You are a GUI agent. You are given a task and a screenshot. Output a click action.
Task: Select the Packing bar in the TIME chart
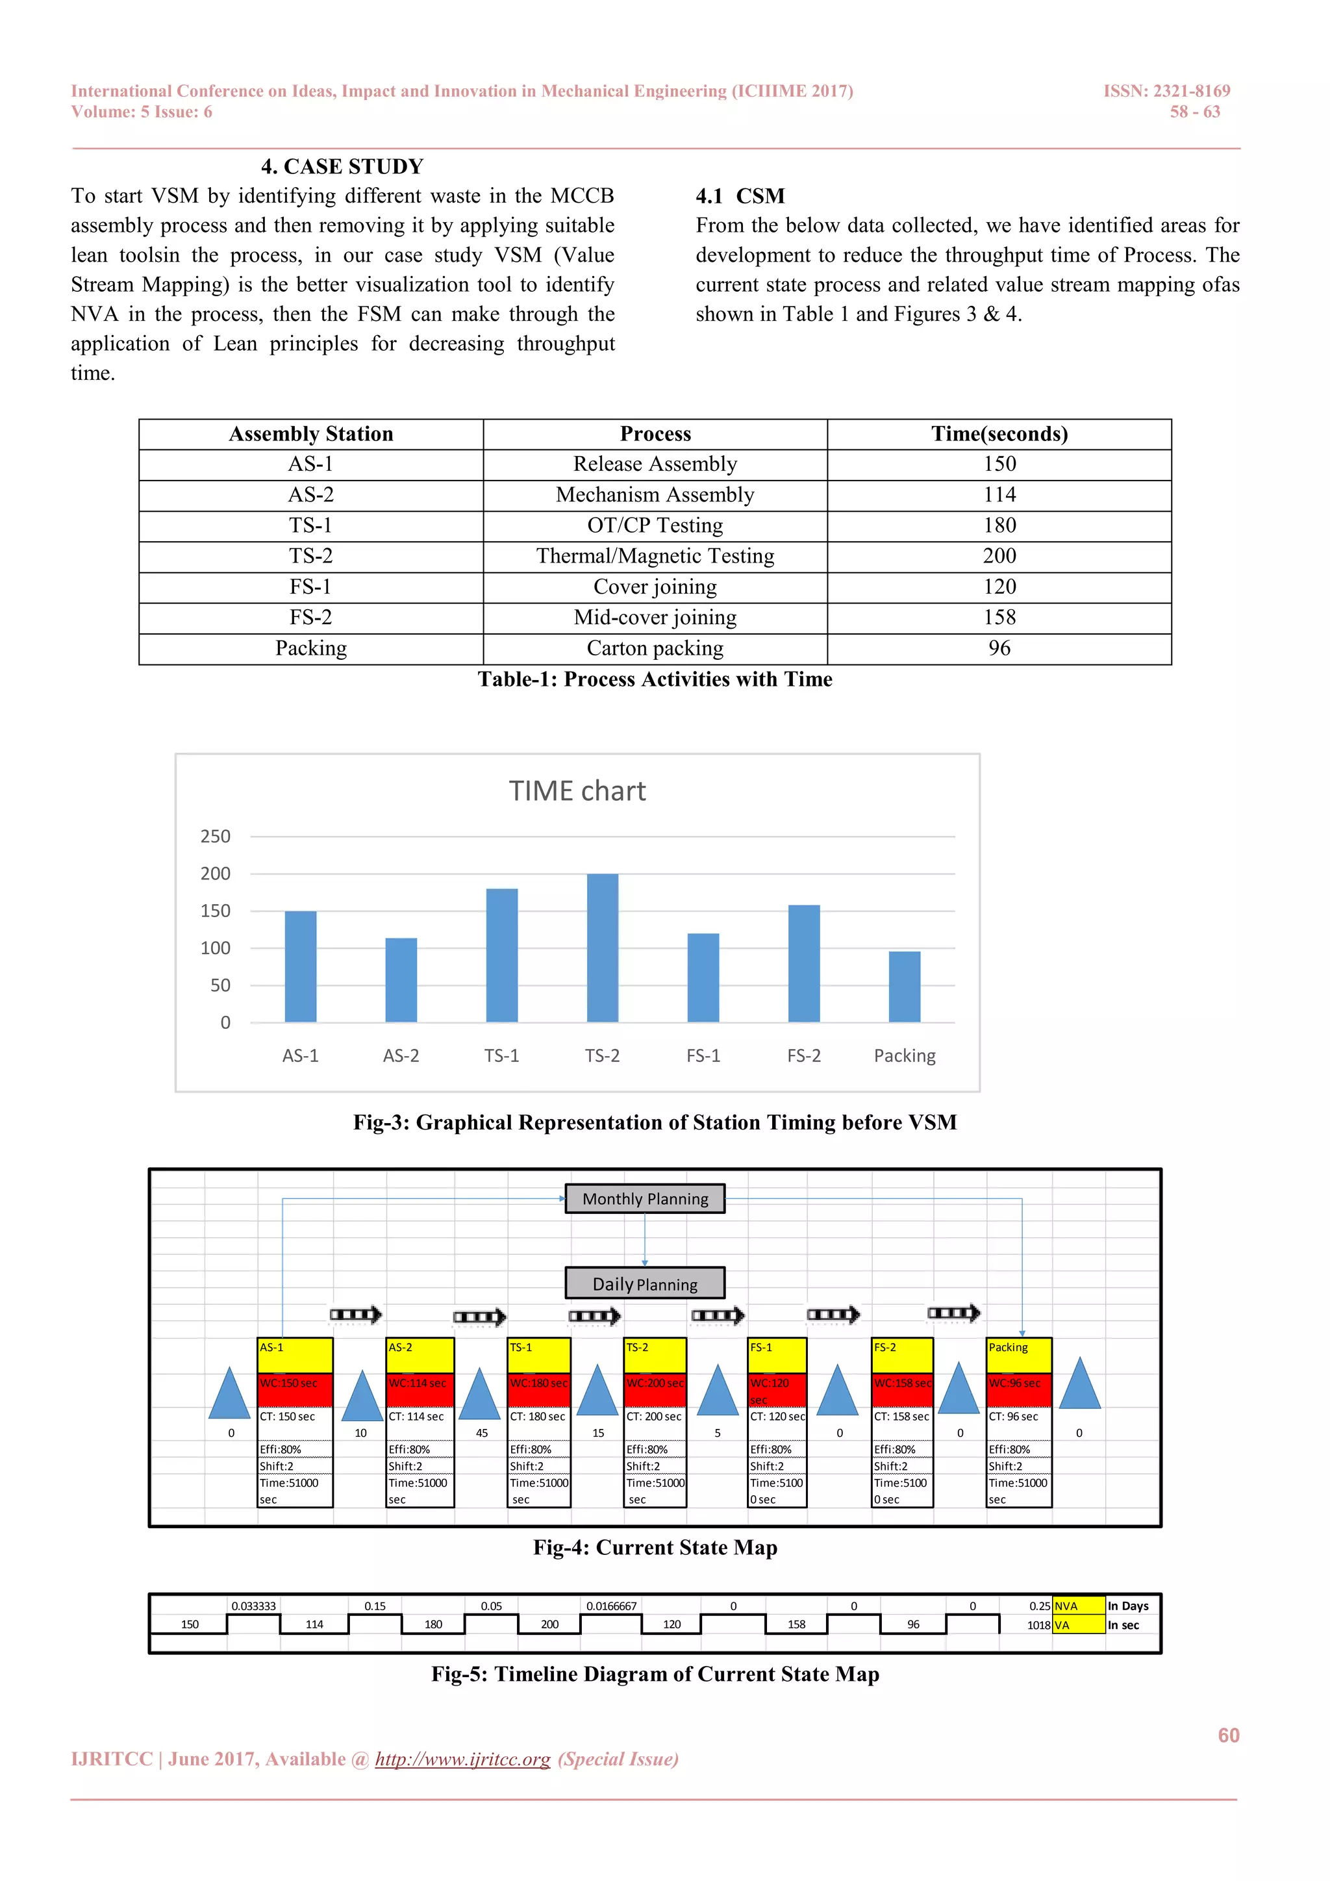tap(904, 987)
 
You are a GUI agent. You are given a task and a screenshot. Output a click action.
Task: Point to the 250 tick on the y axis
tap(216, 837)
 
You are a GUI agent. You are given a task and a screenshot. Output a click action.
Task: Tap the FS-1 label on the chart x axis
tap(703, 1056)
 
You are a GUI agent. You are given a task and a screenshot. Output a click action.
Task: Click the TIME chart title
tap(577, 791)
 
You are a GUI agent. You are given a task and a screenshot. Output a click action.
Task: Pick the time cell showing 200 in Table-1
tap(999, 556)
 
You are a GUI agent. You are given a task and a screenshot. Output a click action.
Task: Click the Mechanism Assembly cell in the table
tap(655, 495)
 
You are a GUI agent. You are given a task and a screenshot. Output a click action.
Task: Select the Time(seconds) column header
tap(999, 435)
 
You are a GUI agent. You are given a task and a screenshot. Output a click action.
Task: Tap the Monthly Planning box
tap(646, 1198)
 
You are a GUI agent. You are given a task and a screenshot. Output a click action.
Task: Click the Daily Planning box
tap(646, 1283)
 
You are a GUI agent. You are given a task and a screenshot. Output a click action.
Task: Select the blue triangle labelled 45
tap(479, 1395)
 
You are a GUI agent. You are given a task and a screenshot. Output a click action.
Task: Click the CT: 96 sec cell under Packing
tap(1018, 1417)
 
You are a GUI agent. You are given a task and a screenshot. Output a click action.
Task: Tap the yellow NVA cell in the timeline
tap(1078, 1606)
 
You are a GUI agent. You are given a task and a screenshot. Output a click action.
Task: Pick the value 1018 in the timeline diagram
tap(1038, 1625)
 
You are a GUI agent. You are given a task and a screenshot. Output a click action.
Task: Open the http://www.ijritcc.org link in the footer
tap(463, 1759)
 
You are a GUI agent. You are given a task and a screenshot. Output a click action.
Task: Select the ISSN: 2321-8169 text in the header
tap(1166, 91)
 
